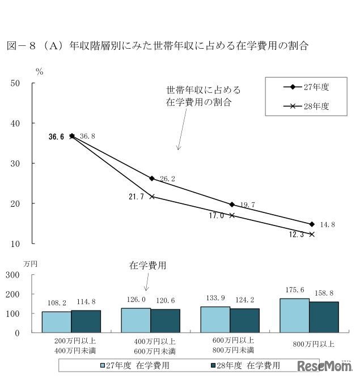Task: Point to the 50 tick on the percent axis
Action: [x=15, y=83]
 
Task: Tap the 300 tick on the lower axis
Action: [x=13, y=275]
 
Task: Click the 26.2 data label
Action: [x=167, y=179]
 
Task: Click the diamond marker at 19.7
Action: [x=232, y=205]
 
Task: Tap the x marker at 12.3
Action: [x=311, y=234]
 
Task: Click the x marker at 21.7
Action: [x=152, y=197]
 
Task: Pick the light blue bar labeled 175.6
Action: [x=294, y=315]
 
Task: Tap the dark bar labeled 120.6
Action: [x=166, y=321]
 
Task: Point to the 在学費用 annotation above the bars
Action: [x=147, y=265]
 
